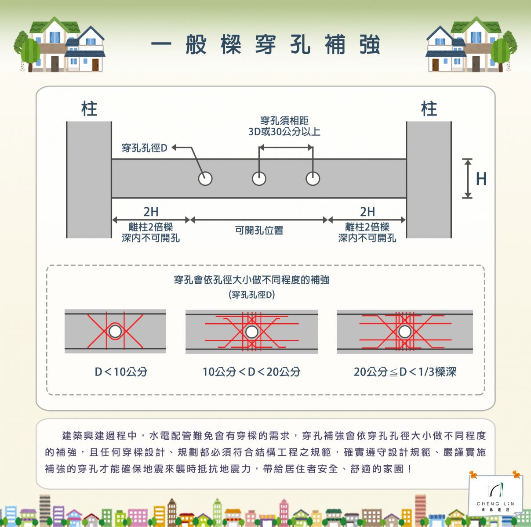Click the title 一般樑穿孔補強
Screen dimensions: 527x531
265,45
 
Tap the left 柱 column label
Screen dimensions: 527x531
89,108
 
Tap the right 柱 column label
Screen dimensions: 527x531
429,108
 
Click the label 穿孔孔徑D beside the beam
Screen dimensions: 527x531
145,148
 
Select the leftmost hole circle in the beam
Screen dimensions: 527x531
205,179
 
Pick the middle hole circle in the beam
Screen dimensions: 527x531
259,179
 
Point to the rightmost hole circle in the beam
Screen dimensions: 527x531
313,179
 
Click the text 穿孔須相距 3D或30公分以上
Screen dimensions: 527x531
284,126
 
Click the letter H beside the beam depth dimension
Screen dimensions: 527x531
481,179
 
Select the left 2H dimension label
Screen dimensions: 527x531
151,212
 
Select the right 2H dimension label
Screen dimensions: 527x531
367,212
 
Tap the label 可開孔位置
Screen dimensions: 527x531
259,230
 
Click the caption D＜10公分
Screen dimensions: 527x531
121,372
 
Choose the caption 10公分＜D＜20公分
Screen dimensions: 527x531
251,372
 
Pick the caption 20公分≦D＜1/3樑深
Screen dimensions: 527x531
405,372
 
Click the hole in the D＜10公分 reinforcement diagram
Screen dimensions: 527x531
115,332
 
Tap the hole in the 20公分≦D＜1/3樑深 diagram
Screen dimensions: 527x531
405,332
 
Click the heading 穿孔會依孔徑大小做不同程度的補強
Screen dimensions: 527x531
251,280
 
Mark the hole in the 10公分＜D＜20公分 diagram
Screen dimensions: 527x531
252,332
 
